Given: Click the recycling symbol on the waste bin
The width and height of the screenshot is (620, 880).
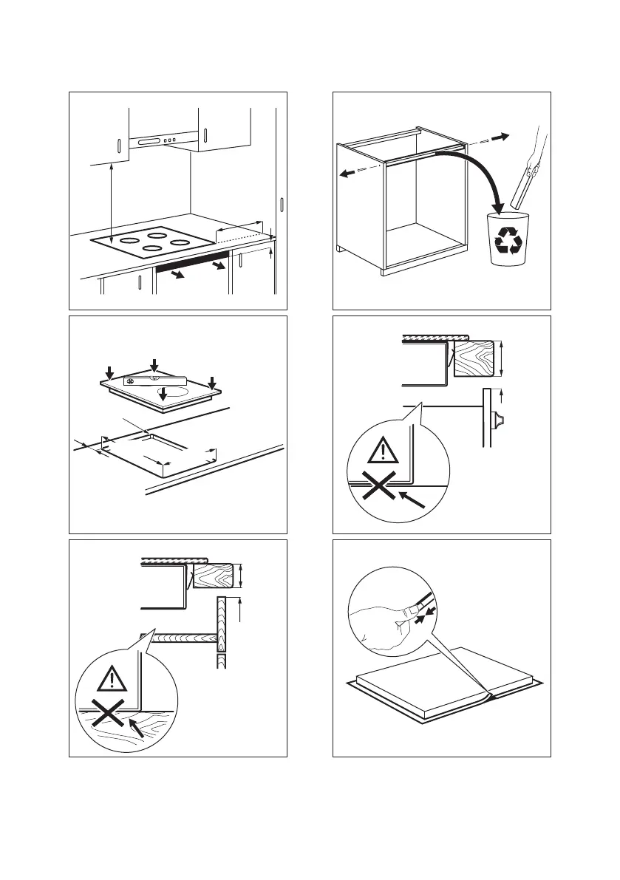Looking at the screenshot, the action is click(508, 241).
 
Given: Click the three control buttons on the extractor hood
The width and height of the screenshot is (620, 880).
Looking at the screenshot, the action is click(170, 141).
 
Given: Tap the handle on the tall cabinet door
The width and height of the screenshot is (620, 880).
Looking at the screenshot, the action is click(282, 206).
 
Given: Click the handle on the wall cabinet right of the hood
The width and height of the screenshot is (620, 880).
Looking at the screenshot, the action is click(205, 137).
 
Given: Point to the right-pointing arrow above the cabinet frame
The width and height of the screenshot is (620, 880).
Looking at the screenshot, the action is click(500, 137).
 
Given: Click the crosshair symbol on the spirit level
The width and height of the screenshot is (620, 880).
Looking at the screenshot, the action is click(130, 381).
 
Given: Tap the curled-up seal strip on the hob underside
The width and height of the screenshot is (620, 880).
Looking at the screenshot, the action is click(485, 695).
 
